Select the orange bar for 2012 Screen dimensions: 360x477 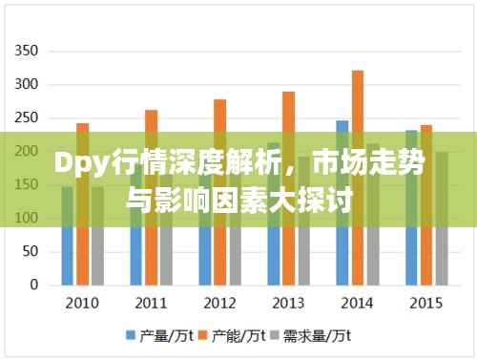tap(220, 192)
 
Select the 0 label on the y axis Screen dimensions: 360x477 tap(34, 285)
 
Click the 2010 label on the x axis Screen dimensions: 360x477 tap(82, 304)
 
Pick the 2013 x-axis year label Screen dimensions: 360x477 tap(288, 304)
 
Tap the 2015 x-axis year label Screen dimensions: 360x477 tap(425, 304)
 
